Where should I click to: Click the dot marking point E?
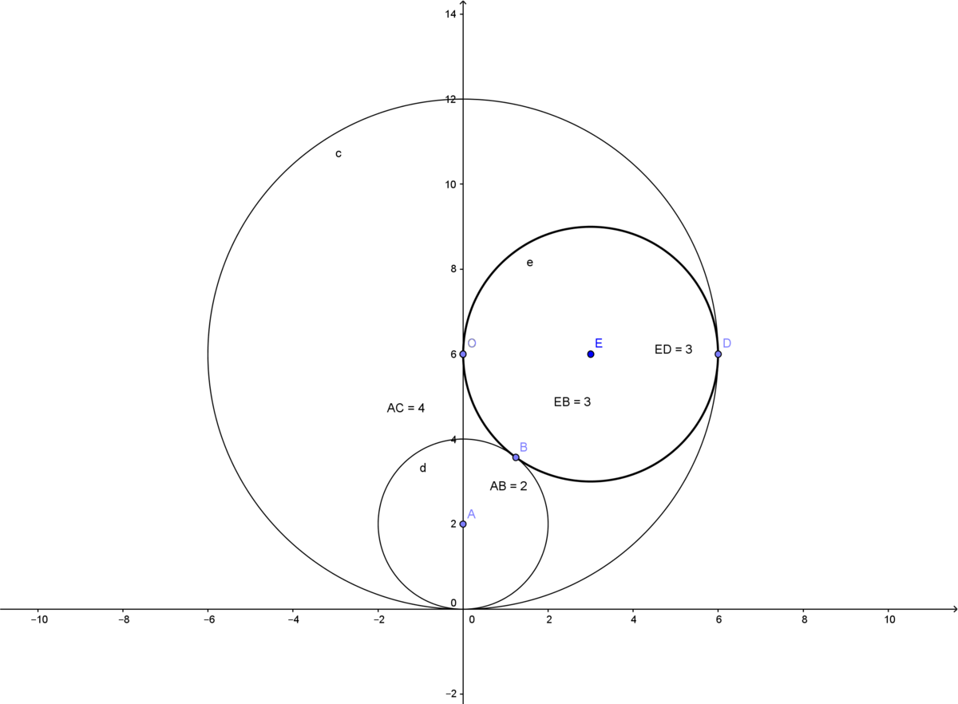point(591,354)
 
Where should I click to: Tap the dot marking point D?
point(718,354)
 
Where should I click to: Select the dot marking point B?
point(516,457)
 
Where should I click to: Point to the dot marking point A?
point(463,524)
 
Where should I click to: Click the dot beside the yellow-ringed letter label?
point(463,354)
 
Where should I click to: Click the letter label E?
point(599,343)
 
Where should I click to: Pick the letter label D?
point(727,343)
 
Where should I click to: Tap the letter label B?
point(524,447)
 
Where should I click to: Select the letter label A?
point(471,514)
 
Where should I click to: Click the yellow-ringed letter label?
point(472,343)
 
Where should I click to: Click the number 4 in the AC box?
point(421,409)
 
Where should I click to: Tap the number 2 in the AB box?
point(524,486)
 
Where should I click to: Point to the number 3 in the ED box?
point(689,350)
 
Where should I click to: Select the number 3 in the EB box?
point(588,402)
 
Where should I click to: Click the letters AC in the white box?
point(396,409)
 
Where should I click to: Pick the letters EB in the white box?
point(562,402)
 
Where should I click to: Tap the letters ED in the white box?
point(663,350)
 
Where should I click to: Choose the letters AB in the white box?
point(498,486)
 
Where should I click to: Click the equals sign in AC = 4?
point(410,409)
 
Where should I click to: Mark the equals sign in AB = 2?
point(513,486)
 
